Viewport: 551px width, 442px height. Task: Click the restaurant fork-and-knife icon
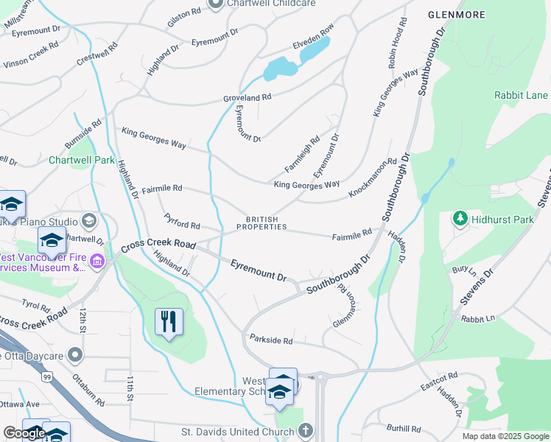tap(169, 322)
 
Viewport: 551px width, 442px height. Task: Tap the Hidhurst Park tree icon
tap(460, 218)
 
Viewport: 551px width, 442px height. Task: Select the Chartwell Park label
tap(82, 160)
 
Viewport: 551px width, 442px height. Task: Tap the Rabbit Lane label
tap(521, 95)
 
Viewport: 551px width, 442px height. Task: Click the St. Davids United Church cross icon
tap(306, 431)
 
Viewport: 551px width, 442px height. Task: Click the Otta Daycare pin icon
tap(74, 356)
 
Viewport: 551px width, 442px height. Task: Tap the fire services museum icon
tap(97, 261)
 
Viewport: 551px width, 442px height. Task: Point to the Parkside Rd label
tap(271, 340)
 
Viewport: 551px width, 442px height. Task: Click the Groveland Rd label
tap(248, 97)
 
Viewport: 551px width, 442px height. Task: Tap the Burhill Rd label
tap(403, 428)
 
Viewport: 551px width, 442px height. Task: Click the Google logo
tap(24, 433)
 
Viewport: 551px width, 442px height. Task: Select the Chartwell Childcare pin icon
tap(216, 4)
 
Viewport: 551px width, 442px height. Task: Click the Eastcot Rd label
tap(439, 381)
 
